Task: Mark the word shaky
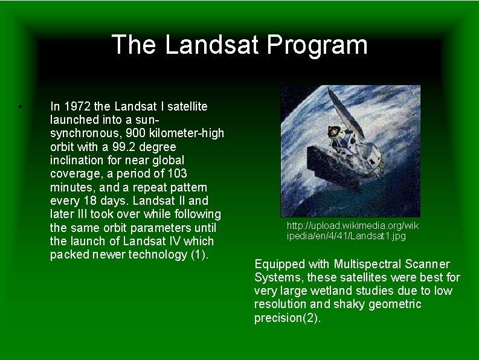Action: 350,304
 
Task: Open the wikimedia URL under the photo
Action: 352,231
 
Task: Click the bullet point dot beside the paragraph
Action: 20,108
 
